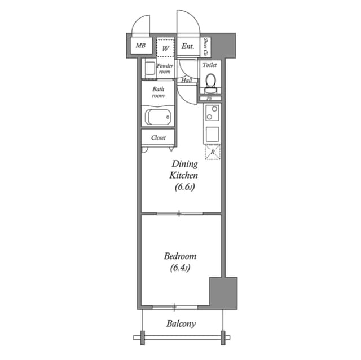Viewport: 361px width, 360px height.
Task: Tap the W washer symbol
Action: [x=165, y=48]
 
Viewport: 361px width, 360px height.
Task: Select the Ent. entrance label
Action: [x=188, y=47]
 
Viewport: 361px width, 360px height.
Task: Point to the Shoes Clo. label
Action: [x=206, y=47]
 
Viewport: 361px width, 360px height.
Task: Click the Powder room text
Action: [x=165, y=69]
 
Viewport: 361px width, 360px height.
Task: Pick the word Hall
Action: [x=187, y=81]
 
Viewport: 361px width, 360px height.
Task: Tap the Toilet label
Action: [x=210, y=65]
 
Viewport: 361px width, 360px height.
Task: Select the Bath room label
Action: [x=158, y=92]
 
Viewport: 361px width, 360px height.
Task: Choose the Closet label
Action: [x=159, y=137]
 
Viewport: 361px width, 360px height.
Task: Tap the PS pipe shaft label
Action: [x=209, y=99]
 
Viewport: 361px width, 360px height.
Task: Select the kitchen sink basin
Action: [x=212, y=135]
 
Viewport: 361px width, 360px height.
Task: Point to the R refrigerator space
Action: [x=213, y=152]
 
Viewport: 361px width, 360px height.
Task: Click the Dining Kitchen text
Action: [x=184, y=170]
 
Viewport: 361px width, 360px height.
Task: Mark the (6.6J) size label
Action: [x=184, y=188]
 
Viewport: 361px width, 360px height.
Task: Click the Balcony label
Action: [x=181, y=324]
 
